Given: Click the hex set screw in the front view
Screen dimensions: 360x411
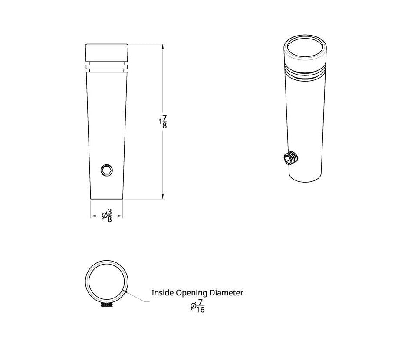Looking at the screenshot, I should (x=107, y=170).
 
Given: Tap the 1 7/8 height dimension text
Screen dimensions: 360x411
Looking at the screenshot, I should (x=163, y=122).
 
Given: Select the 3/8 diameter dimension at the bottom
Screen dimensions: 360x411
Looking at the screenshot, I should (x=107, y=216).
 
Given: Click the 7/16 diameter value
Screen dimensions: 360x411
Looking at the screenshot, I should (x=201, y=306).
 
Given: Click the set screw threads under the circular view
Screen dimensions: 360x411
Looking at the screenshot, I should (x=106, y=306).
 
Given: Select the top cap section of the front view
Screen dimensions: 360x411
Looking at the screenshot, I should (x=107, y=52).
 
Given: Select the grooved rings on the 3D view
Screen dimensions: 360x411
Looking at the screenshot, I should (x=305, y=72).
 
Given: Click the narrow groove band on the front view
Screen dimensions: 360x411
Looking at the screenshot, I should (x=107, y=67).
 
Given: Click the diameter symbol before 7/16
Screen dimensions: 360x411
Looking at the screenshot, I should (x=193, y=306).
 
